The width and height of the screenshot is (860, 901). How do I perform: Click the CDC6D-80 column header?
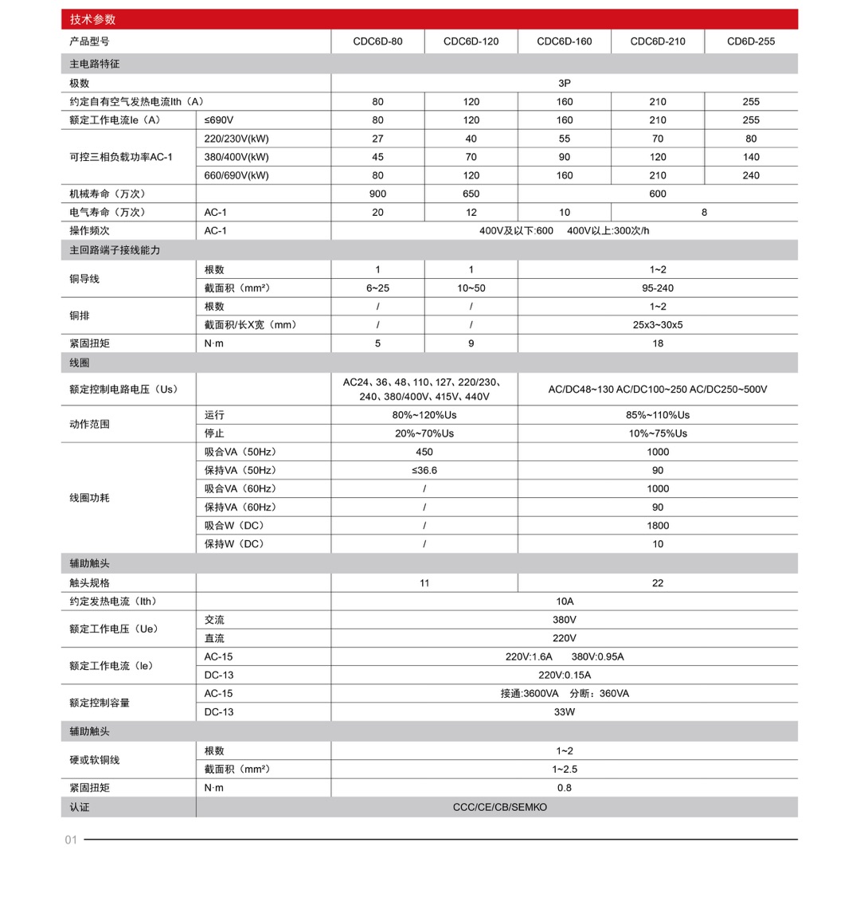(x=377, y=41)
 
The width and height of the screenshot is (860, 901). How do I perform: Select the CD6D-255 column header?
(x=750, y=41)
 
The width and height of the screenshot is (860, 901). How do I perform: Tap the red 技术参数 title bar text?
(x=92, y=19)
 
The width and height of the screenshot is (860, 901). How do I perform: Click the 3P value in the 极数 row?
(x=564, y=83)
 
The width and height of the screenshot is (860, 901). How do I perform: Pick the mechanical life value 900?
(x=377, y=194)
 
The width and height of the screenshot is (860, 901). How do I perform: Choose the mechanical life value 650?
(x=471, y=194)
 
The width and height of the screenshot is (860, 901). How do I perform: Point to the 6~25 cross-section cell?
(x=377, y=288)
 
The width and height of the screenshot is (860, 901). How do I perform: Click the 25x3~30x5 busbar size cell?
(x=657, y=325)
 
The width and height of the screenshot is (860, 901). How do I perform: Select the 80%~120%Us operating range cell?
(x=424, y=415)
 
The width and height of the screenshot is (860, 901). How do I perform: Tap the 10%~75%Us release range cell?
(x=657, y=433)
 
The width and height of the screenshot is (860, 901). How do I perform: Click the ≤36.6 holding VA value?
(x=424, y=470)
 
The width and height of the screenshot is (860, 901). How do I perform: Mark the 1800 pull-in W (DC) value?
(x=657, y=526)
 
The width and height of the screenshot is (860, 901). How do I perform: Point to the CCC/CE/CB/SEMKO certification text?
(x=500, y=807)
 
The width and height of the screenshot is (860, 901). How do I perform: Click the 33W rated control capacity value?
(x=564, y=712)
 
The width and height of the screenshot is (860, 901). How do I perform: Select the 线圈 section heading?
(x=80, y=362)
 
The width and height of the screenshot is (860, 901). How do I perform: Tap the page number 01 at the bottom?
(x=71, y=840)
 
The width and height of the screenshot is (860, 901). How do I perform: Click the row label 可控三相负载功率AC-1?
(x=121, y=157)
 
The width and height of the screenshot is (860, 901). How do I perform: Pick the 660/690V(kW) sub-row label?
(x=236, y=175)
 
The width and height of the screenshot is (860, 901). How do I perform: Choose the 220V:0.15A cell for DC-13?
(x=564, y=675)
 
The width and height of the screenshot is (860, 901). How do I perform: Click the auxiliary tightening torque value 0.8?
(x=564, y=788)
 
